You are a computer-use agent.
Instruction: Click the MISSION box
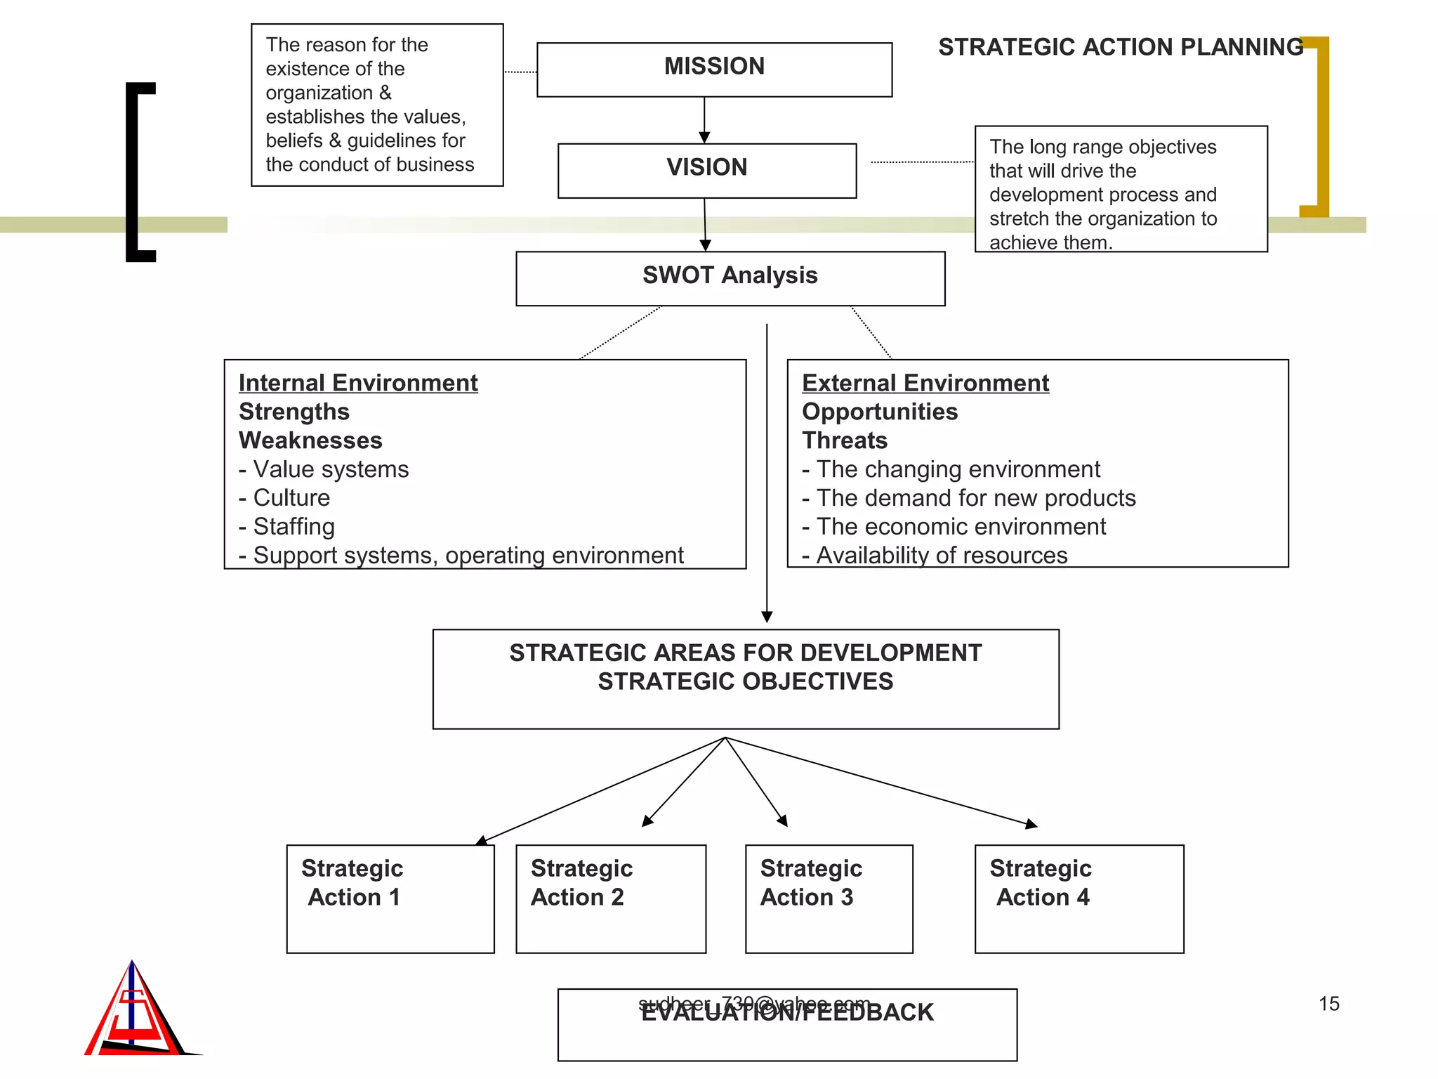click(714, 69)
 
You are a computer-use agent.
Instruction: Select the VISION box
click(706, 170)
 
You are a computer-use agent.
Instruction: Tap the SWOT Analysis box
click(730, 277)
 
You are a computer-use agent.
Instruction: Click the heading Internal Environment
click(358, 383)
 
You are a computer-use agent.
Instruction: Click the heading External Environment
click(925, 383)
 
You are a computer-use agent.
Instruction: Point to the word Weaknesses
click(310, 440)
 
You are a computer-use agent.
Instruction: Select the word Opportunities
click(879, 412)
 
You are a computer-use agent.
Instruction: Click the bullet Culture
click(291, 497)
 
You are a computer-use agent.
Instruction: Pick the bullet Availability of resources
click(941, 555)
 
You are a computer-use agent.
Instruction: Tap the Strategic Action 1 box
click(390, 898)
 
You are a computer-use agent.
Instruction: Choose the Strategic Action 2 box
click(610, 898)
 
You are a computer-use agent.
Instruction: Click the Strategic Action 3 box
click(829, 898)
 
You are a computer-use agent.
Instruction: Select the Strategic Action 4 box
click(1078, 898)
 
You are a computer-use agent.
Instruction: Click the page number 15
click(1328, 1004)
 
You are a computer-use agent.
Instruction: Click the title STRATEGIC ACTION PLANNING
click(1120, 47)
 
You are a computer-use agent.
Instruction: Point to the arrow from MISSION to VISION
click(704, 119)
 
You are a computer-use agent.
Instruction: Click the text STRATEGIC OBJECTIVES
click(745, 681)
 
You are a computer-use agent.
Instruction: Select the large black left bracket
click(133, 172)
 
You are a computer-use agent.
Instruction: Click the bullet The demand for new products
click(975, 498)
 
